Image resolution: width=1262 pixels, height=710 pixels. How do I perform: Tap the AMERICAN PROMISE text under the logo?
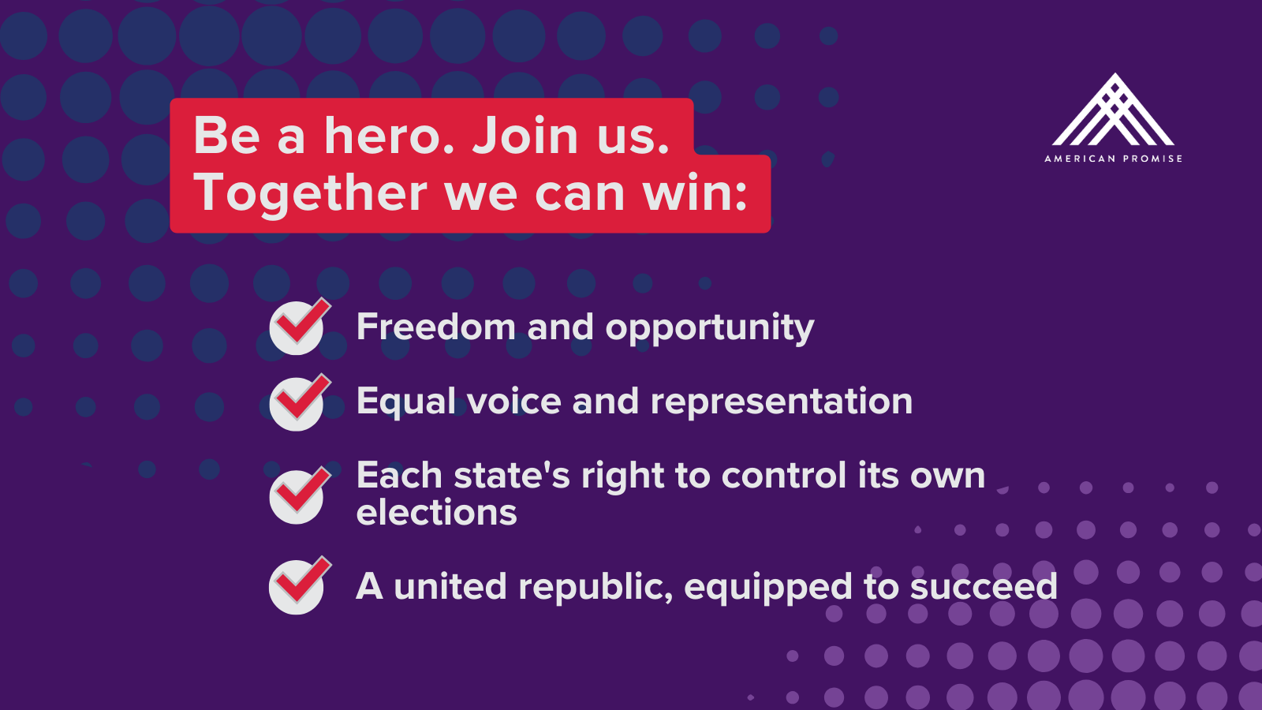1113,159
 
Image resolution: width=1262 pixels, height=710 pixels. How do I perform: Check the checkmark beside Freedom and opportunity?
300,327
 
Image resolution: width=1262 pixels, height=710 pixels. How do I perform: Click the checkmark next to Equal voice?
300,402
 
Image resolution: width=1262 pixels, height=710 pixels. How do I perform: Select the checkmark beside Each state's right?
300,495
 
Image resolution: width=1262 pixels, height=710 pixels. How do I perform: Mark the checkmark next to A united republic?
300,585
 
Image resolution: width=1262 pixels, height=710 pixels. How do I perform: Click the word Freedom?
435,327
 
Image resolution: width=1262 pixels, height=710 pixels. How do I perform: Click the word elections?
437,512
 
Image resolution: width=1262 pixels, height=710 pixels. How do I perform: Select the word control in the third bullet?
784,475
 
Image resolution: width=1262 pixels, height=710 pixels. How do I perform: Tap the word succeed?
984,587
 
